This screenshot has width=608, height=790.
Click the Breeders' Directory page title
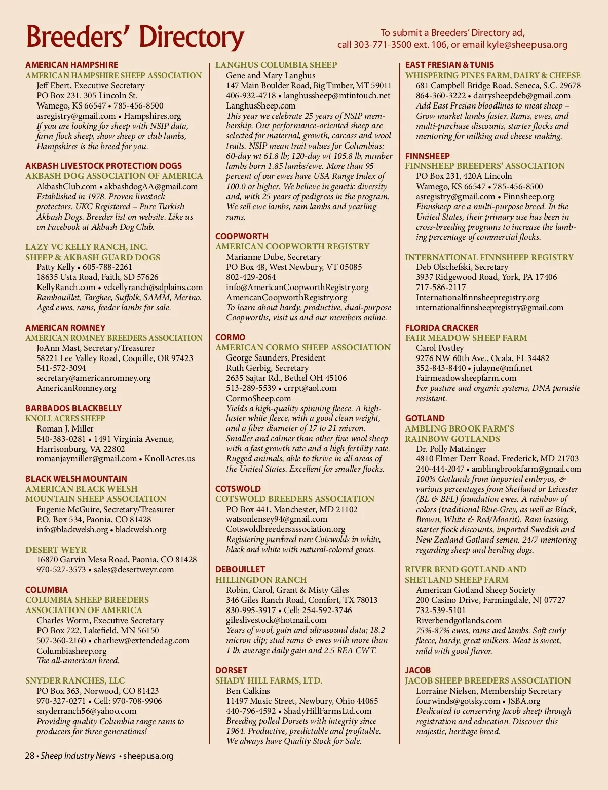[135, 37]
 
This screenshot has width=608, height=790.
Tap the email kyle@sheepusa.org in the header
[527, 45]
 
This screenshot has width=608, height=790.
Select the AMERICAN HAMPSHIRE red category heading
[71, 65]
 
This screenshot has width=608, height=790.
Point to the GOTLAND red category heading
[425, 418]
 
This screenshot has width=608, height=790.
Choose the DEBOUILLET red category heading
[240, 569]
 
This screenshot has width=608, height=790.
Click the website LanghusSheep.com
[260, 105]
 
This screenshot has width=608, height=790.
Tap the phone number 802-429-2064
[251, 277]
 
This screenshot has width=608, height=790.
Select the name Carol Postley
[440, 348]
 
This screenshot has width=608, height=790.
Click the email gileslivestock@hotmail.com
[276, 620]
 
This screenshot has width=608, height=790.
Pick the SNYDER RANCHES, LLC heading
[75, 680]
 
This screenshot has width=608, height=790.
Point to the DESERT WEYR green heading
[56, 550]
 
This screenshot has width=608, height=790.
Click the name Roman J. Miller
[65, 428]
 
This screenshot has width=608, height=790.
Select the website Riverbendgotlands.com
[459, 620]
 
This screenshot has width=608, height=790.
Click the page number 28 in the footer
[29, 756]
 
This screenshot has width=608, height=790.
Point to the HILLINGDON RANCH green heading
[261, 580]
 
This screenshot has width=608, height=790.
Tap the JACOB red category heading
[417, 670]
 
